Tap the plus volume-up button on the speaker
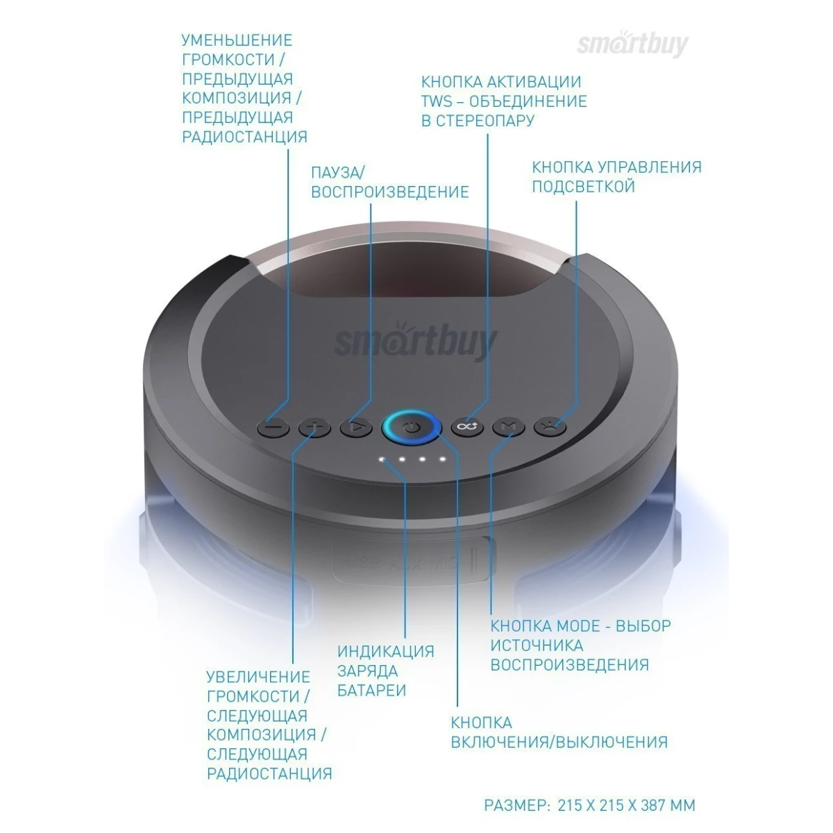314,428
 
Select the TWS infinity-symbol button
467,428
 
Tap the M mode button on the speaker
508,428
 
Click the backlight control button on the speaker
550,428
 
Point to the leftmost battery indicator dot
382,459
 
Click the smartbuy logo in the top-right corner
632,44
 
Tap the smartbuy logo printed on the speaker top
415,340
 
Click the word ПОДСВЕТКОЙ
583,186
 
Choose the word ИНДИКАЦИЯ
385,652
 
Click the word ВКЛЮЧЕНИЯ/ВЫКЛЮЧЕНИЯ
559,742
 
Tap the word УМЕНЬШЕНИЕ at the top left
237,40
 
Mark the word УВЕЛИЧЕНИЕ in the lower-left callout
258,677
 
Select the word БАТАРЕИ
371,691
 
